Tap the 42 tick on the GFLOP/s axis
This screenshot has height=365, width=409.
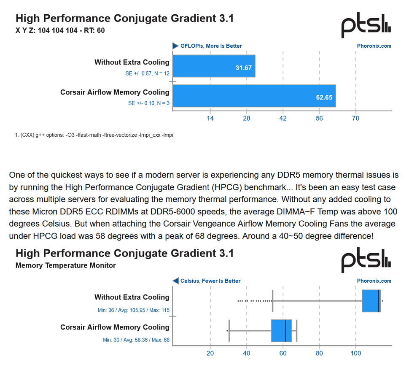283,119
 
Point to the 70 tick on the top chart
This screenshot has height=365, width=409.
355,119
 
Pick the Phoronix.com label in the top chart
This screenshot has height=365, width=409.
374,46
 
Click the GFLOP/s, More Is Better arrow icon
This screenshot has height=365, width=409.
175,46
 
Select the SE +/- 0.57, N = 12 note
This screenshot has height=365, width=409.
147,73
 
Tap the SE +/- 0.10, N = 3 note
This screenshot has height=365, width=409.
149,103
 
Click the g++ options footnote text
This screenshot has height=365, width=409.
94,135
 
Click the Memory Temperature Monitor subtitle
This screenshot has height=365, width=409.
65,265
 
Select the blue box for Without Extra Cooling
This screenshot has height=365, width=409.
371,301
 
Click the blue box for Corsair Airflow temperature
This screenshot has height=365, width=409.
281,331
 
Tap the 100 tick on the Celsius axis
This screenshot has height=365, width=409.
355,353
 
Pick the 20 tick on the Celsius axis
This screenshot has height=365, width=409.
210,353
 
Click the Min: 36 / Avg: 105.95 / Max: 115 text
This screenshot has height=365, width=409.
133,310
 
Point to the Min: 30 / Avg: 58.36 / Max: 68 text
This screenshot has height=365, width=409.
136,340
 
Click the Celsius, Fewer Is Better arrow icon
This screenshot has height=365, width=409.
175,281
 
